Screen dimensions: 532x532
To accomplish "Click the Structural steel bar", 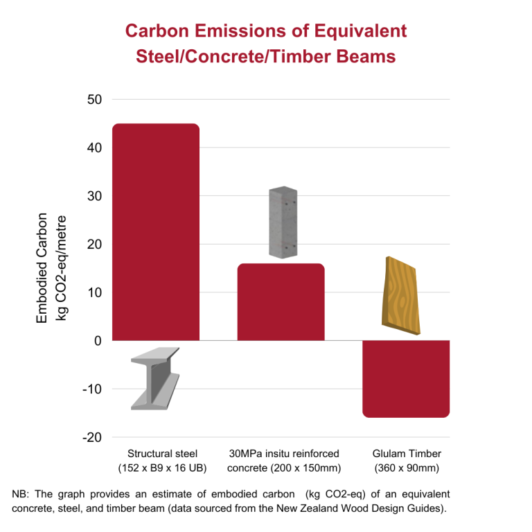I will pos(156,232).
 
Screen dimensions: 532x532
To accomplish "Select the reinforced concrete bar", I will pos(281,302).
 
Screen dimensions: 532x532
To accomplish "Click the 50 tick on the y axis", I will pos(94,99).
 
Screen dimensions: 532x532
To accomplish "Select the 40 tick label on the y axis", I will pos(94,148).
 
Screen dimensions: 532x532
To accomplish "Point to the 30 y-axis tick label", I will pos(94,196).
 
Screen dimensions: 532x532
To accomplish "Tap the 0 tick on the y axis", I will pos(98,341).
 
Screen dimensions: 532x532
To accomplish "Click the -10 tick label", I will pos(91,389).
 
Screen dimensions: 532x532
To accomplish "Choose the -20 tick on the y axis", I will pos(91,438).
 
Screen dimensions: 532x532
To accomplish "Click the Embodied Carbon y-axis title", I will pos(42,268).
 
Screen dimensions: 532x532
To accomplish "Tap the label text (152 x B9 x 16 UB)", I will pos(162,468).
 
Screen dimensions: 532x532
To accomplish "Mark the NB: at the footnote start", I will pos(22,494).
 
